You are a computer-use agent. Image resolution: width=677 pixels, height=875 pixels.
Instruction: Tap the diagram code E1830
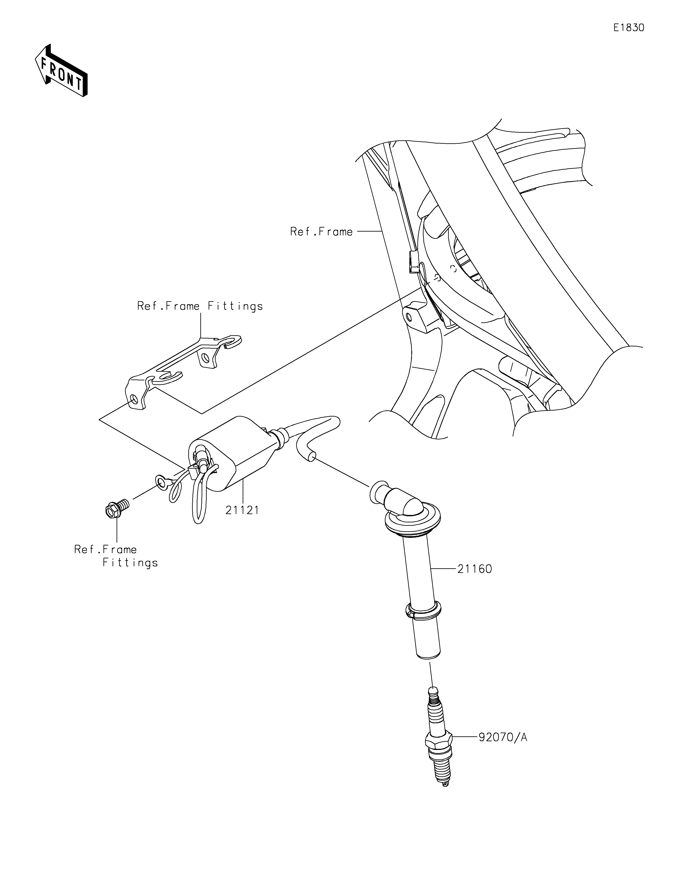tap(629, 28)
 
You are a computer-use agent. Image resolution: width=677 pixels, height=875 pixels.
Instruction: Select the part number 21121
tap(242, 510)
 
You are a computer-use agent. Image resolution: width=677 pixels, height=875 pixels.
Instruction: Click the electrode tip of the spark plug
tap(445, 784)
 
